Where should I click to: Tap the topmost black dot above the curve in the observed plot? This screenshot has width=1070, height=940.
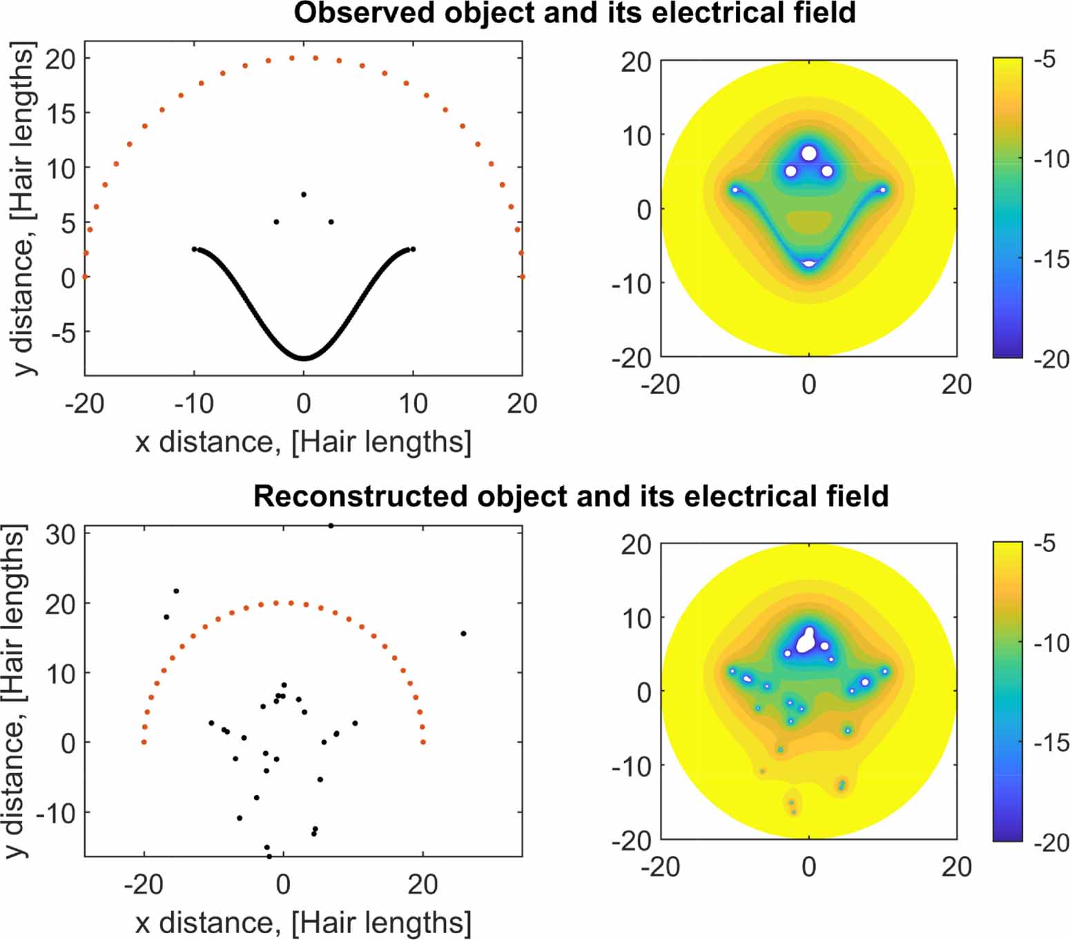(304, 195)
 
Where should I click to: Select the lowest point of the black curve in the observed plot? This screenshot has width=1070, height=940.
(304, 358)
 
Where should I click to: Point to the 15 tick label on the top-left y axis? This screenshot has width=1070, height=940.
(60, 114)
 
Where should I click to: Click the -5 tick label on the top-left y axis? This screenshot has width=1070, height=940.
(63, 333)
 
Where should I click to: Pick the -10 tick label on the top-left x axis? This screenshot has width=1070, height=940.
(194, 404)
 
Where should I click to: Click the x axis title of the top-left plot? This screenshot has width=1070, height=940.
(303, 442)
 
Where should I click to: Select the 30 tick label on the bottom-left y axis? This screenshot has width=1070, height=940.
(60, 533)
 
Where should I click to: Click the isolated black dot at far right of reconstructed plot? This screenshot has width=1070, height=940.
(463, 634)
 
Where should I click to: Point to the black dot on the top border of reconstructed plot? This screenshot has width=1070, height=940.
(331, 526)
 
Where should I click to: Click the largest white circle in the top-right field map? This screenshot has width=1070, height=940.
(809, 153)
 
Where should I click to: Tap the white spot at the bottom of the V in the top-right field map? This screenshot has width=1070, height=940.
(809, 264)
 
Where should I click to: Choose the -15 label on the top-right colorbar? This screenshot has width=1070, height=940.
(1050, 260)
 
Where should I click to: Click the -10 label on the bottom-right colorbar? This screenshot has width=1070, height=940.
(1050, 643)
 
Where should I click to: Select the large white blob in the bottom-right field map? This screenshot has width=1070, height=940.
(806, 641)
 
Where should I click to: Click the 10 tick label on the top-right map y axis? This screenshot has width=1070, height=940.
(636, 135)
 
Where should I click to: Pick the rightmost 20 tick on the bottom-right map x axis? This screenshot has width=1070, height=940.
(956, 867)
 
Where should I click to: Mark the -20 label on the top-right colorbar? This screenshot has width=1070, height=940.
(1050, 359)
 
